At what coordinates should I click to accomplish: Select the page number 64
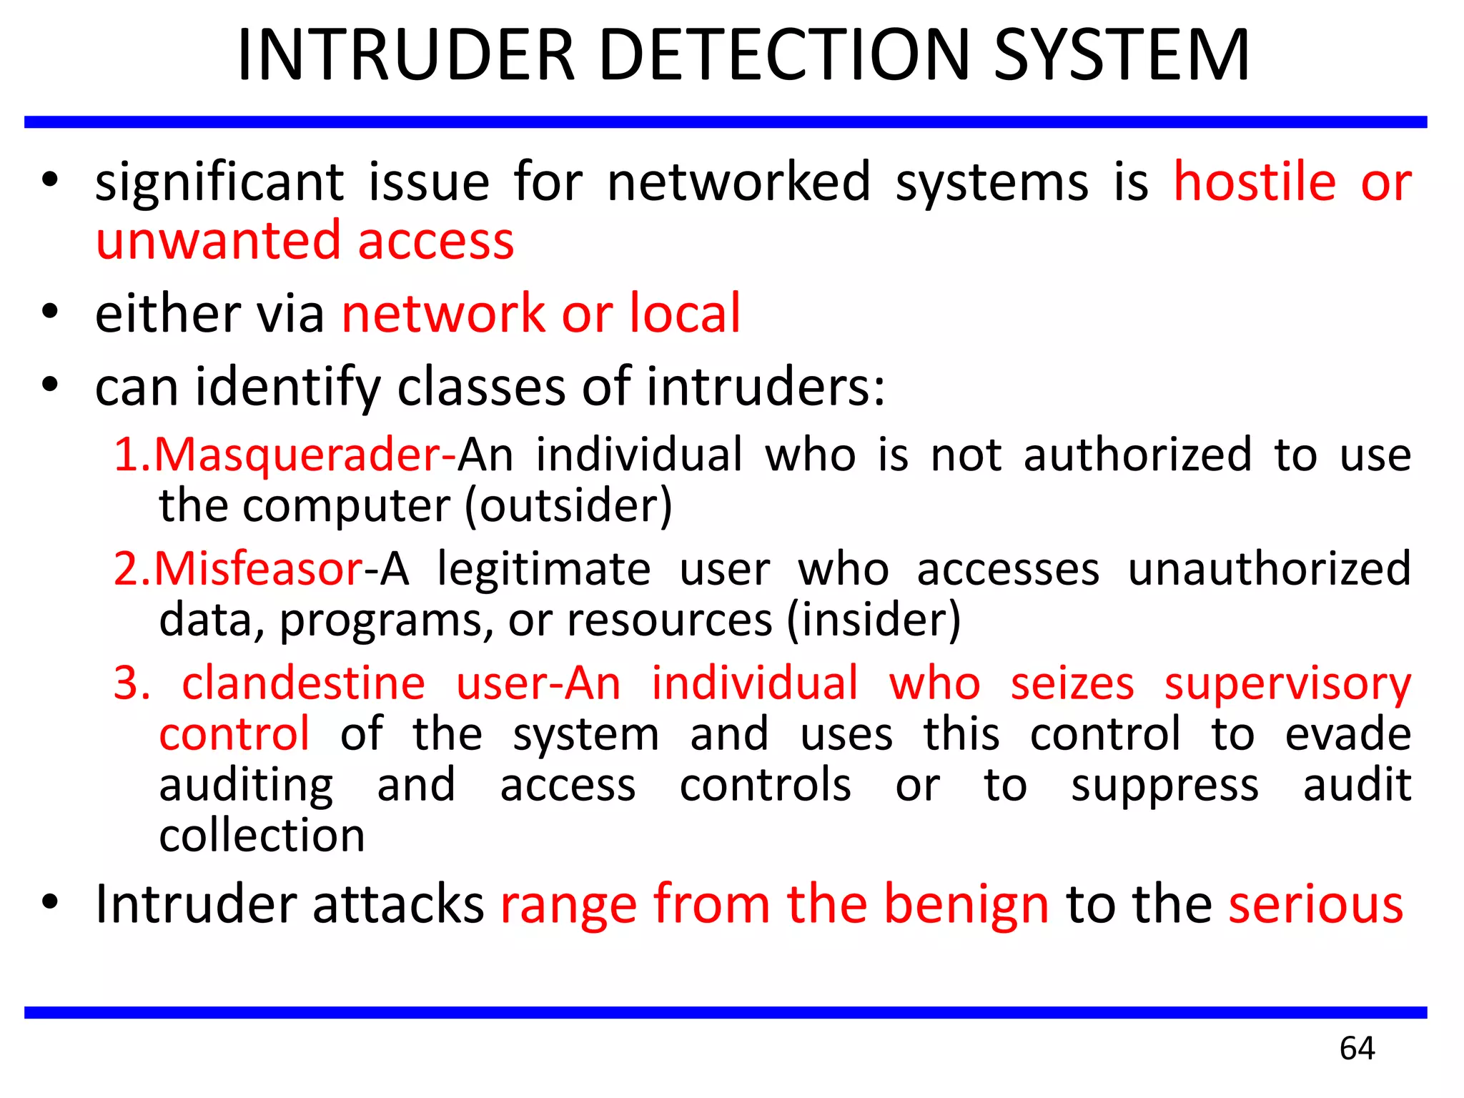click(x=1357, y=1048)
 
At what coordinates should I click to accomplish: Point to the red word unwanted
click(x=218, y=241)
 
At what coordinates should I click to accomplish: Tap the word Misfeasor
click(x=258, y=569)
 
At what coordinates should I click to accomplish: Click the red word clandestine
click(x=304, y=683)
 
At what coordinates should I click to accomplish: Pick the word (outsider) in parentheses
click(x=568, y=506)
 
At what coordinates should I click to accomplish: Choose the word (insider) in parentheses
click(x=874, y=620)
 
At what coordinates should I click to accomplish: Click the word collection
click(x=262, y=836)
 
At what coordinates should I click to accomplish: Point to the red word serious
click(x=1316, y=905)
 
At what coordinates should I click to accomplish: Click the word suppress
click(x=1164, y=786)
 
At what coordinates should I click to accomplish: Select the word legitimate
click(x=544, y=569)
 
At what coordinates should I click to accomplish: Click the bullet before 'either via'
click(x=49, y=312)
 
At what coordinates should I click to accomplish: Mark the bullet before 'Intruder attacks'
click(x=49, y=902)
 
